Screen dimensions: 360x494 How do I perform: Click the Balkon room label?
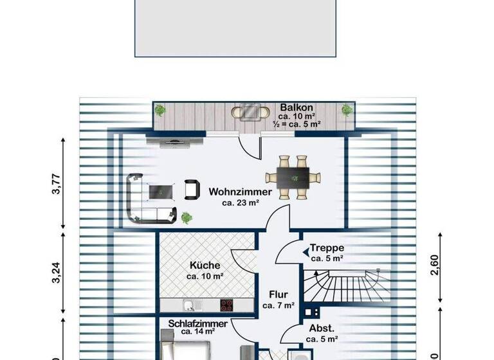pyautogui.click(x=297, y=107)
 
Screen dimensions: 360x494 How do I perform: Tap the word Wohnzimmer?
pyautogui.click(x=240, y=192)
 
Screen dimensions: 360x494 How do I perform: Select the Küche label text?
pyautogui.click(x=205, y=265)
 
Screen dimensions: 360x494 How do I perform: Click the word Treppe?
pyautogui.click(x=327, y=248)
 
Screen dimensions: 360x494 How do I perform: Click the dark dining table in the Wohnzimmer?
pyautogui.click(x=293, y=175)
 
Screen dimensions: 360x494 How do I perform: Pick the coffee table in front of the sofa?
pyautogui.click(x=160, y=190)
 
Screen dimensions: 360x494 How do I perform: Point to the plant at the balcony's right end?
pyautogui.click(x=347, y=110)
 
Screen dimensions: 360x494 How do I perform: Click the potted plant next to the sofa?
pyautogui.click(x=186, y=217)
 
